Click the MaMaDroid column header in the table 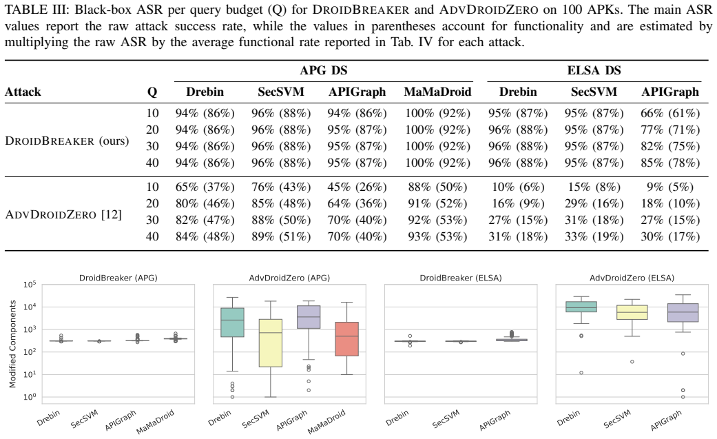(x=437, y=92)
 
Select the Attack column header (x=23, y=92)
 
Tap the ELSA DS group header (x=594, y=70)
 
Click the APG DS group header (x=323, y=70)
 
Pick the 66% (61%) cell (x=670, y=113)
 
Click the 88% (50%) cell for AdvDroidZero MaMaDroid (x=437, y=187)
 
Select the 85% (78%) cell (x=670, y=163)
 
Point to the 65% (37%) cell (x=205, y=187)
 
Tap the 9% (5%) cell (x=670, y=187)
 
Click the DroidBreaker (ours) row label (x=67, y=141)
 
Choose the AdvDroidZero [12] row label (x=63, y=214)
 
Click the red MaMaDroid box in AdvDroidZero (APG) (x=347, y=339)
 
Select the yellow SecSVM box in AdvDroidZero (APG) (x=270, y=343)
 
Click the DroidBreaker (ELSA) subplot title (x=461, y=278)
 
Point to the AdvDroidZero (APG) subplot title (x=289, y=278)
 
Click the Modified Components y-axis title (x=13, y=344)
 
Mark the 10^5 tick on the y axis (x=30, y=285)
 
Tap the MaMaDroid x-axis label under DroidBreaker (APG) (x=156, y=421)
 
